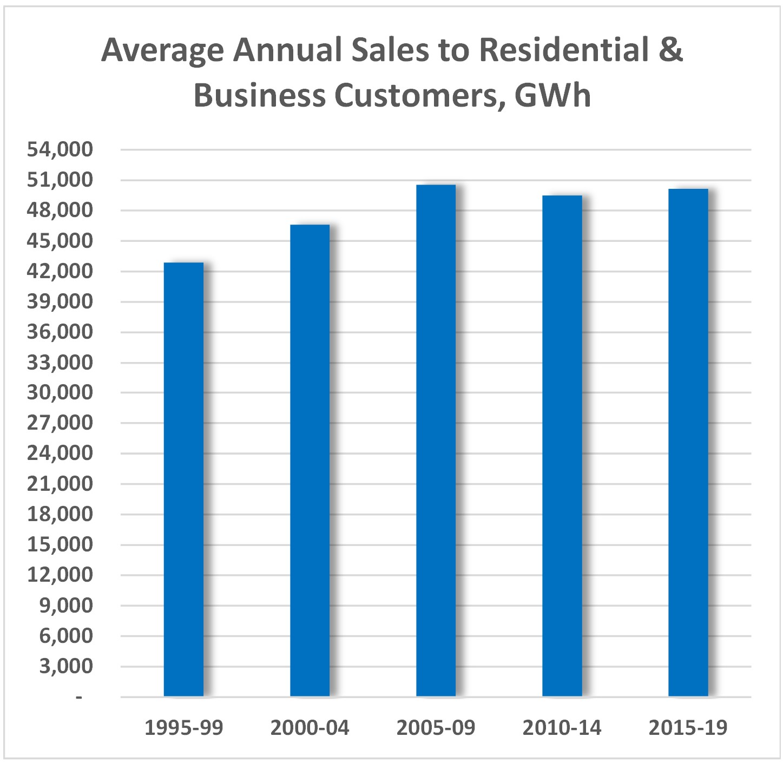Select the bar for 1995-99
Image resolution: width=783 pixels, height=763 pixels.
[183, 479]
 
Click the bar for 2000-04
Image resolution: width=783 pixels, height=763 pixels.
[310, 460]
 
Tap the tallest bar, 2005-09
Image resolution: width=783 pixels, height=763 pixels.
[436, 440]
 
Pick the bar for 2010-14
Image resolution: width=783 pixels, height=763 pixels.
[562, 445]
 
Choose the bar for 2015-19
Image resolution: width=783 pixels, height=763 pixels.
[688, 442]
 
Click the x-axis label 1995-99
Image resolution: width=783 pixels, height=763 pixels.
[183, 728]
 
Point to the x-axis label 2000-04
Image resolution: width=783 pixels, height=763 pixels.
[310, 728]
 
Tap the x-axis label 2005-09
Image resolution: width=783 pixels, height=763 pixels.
[436, 728]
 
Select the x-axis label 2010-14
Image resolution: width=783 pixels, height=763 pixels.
[562, 728]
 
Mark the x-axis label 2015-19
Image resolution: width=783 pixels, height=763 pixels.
[688, 728]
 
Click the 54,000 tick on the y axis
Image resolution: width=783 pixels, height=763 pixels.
[60, 149]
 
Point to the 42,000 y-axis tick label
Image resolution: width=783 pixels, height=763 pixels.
[60, 271]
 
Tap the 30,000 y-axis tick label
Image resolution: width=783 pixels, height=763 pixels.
[60, 392]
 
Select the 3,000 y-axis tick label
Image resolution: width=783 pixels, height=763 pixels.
[66, 666]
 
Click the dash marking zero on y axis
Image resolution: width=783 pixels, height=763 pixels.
[79, 697]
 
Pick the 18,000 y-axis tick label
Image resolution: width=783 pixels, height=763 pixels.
[60, 514]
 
